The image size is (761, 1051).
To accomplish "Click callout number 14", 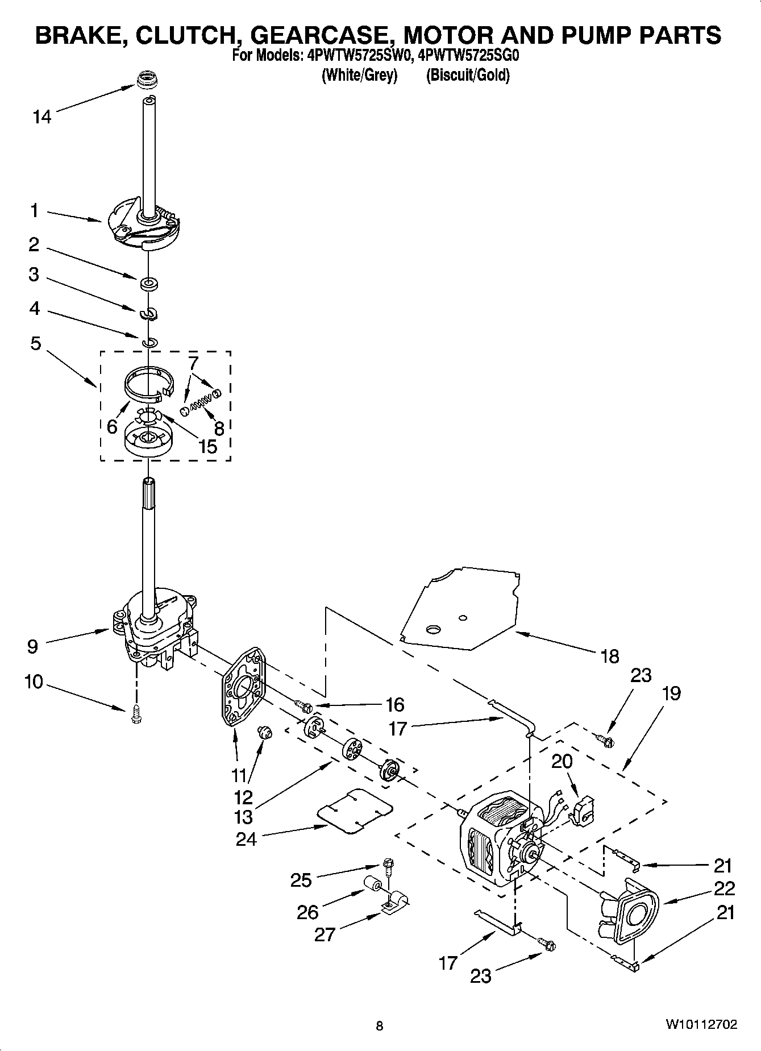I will tap(42, 117).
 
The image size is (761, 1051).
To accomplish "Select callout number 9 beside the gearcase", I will tap(32, 646).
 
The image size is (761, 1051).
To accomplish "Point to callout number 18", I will tap(609, 657).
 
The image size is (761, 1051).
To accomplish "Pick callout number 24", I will tap(247, 839).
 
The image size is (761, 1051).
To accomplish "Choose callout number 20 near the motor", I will tap(562, 761).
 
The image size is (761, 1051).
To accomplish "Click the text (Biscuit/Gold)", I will tap(468, 75).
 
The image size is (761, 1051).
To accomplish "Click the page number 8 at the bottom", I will tap(380, 1026).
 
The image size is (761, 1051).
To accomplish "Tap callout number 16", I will tap(394, 705).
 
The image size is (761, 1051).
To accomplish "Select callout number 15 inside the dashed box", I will tap(208, 446).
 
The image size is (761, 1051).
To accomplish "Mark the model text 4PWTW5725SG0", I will tap(468, 56).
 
